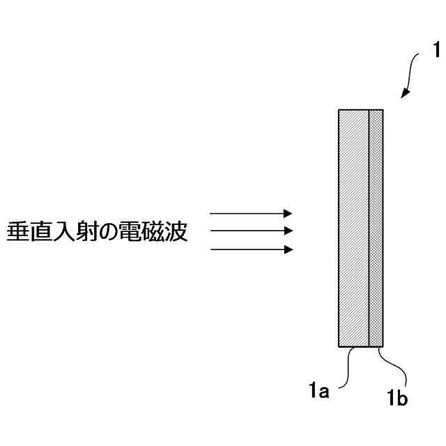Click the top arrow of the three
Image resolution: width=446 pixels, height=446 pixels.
click(x=251, y=213)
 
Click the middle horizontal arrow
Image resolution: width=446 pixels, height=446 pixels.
click(x=251, y=231)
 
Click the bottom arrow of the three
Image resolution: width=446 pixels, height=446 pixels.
click(x=251, y=249)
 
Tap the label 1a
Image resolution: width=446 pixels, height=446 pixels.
click(x=319, y=392)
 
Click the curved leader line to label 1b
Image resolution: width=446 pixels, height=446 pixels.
click(x=390, y=369)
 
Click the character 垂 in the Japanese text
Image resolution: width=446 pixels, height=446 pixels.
click(x=17, y=231)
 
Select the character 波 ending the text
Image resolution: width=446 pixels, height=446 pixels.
click(x=177, y=231)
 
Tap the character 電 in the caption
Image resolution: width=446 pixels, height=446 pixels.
click(x=132, y=231)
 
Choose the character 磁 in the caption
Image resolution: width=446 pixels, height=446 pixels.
click(x=154, y=231)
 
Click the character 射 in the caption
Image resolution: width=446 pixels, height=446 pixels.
click(x=86, y=231)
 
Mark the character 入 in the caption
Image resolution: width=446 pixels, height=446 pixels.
click(x=63, y=231)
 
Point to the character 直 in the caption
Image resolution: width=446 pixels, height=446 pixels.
click(x=40, y=231)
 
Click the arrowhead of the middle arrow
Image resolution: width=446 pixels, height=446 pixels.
click(x=289, y=231)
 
